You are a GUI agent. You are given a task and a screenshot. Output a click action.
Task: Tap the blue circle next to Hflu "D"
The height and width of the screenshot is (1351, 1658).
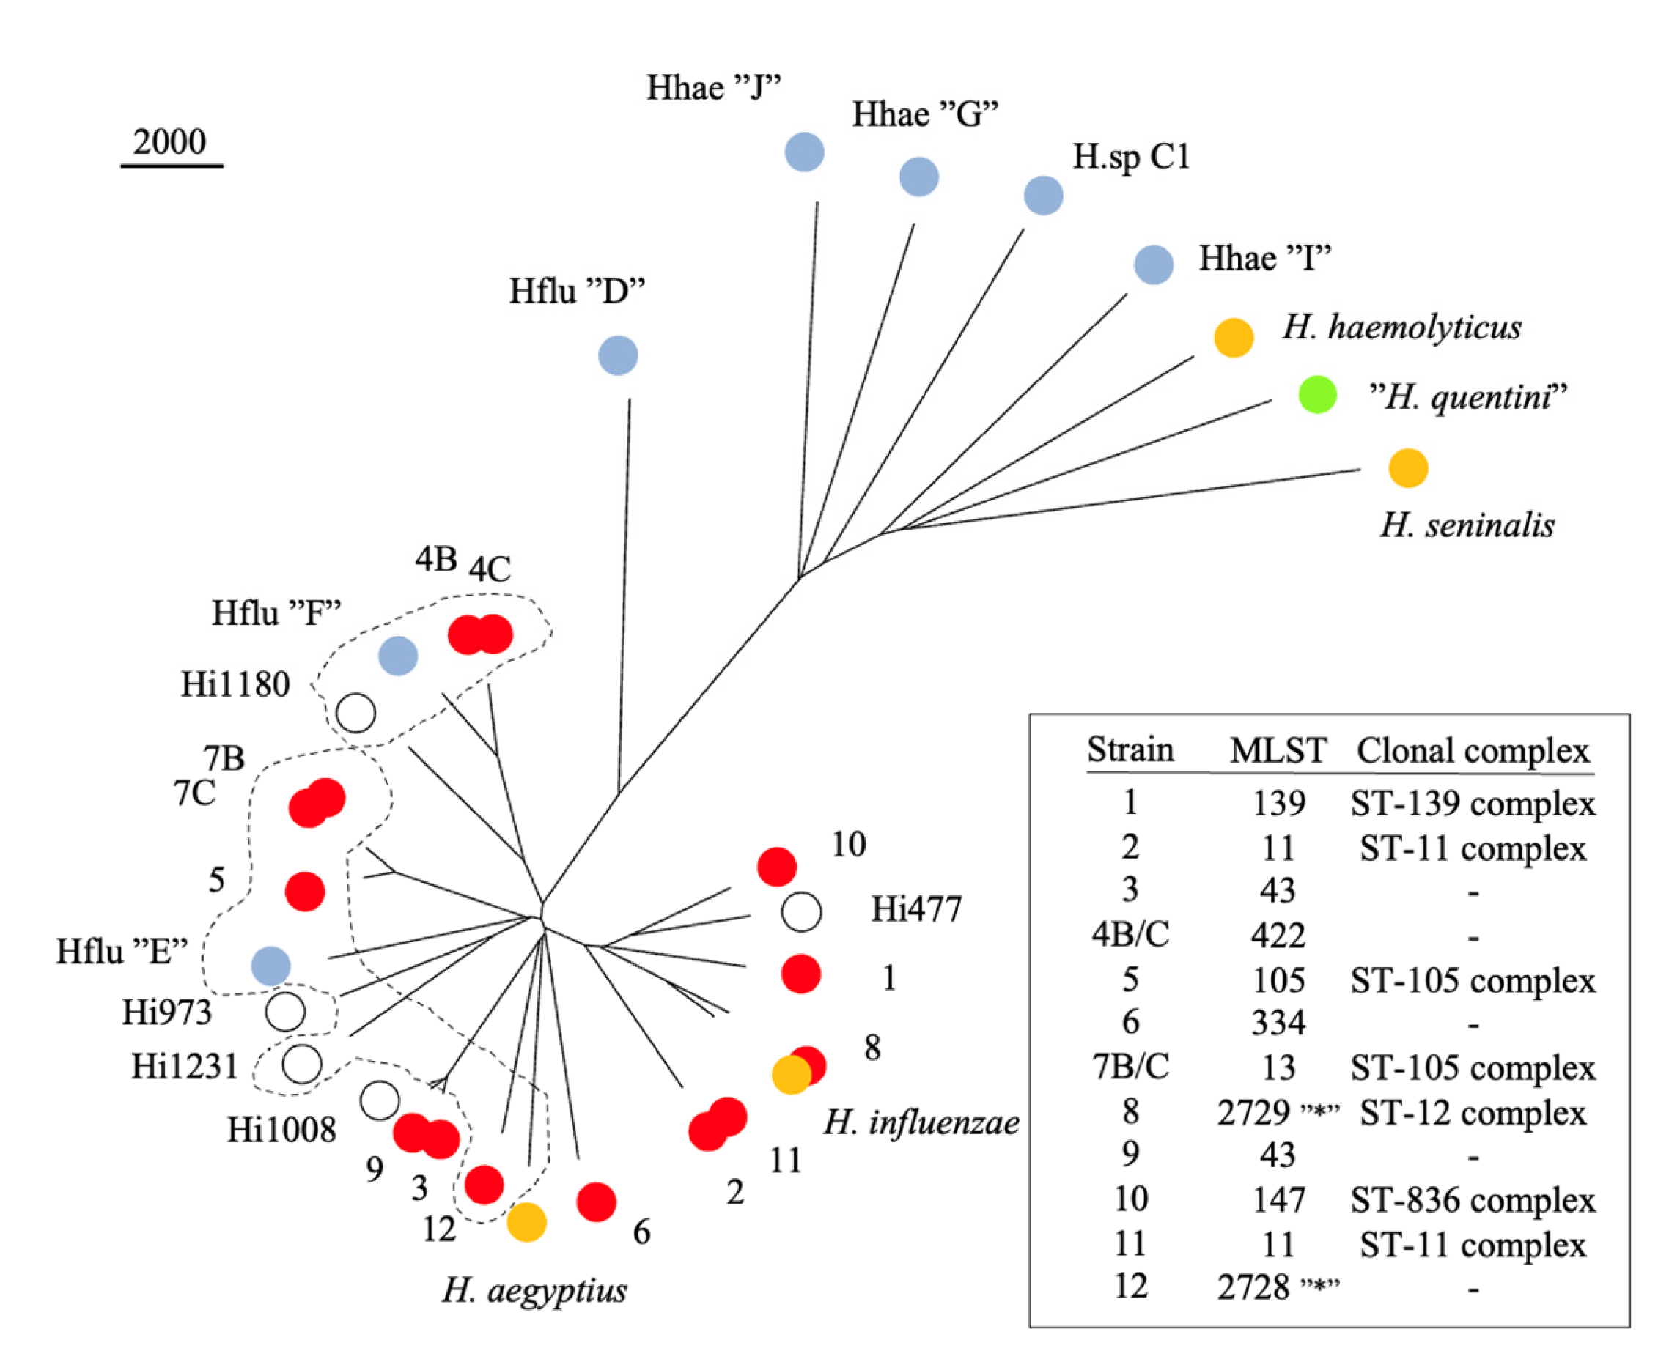tap(618, 355)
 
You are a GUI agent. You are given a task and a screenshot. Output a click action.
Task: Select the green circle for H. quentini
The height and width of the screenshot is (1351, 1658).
tap(1317, 395)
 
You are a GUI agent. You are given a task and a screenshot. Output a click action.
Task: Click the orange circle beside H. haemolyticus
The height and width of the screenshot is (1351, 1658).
tap(1234, 338)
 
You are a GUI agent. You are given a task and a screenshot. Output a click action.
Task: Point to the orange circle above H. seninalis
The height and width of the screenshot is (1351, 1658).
tap(1408, 468)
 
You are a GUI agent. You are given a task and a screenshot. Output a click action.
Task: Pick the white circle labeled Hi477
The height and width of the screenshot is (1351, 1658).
tap(801, 911)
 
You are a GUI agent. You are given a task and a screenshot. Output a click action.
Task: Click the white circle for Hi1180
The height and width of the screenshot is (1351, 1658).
tap(355, 713)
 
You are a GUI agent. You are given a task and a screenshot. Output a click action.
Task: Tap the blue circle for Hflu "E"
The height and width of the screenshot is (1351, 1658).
tap(271, 966)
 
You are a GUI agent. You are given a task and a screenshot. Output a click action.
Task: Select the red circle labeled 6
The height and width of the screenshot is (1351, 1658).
tap(596, 1202)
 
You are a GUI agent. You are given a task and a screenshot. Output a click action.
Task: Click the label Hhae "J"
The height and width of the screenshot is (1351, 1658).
tap(714, 88)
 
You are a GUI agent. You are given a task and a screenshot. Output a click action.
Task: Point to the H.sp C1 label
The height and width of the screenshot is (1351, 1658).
tap(1131, 157)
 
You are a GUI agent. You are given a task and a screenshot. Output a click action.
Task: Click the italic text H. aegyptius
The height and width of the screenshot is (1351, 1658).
tap(535, 1290)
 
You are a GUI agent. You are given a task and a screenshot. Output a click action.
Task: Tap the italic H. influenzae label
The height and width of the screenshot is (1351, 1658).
tap(921, 1122)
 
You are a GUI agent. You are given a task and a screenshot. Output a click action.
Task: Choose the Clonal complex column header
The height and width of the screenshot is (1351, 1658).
tap(1473, 750)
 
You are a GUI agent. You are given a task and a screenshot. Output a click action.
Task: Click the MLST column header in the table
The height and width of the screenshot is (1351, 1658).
tap(1278, 750)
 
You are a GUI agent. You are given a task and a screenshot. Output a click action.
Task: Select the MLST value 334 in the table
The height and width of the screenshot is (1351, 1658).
tap(1278, 1023)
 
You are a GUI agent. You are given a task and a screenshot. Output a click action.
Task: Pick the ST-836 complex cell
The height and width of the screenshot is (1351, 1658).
tap(1473, 1200)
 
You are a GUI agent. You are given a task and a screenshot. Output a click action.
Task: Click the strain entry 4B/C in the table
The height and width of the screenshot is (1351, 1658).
tap(1130, 934)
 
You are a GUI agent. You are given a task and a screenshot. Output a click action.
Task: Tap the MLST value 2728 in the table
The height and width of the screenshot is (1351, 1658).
tap(1254, 1288)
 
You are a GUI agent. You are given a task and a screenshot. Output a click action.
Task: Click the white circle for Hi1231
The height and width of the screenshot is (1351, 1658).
tap(302, 1064)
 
